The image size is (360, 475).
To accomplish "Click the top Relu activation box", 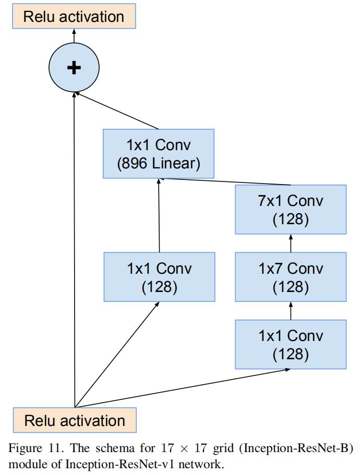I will pyautogui.click(x=74, y=16).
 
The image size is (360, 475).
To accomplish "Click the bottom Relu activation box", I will pyautogui.click(x=75, y=420).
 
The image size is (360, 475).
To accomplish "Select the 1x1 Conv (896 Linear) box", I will pyautogui.click(x=159, y=154).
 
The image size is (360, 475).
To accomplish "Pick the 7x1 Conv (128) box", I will pyautogui.click(x=291, y=210).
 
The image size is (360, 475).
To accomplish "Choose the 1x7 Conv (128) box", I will pyautogui.click(x=291, y=277).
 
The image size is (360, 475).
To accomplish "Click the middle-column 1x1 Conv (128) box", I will pyautogui.click(x=159, y=277).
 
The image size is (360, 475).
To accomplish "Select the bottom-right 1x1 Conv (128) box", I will pyautogui.click(x=291, y=345).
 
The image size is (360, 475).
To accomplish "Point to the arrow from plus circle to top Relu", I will pyautogui.click(x=74, y=36).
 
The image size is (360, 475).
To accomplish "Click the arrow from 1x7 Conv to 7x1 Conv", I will pyautogui.click(x=291, y=243).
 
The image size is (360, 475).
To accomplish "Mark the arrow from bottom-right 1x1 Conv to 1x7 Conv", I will pyautogui.click(x=291, y=311).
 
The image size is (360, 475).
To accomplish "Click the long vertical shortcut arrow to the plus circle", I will pyautogui.click(x=75, y=250).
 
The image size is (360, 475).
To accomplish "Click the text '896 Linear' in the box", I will pyautogui.click(x=159, y=163).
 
